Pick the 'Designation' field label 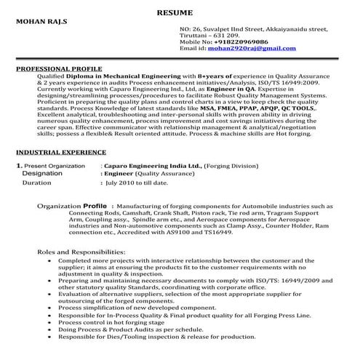42,174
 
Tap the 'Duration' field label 37,183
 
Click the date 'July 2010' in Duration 124,183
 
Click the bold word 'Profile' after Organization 96,206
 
